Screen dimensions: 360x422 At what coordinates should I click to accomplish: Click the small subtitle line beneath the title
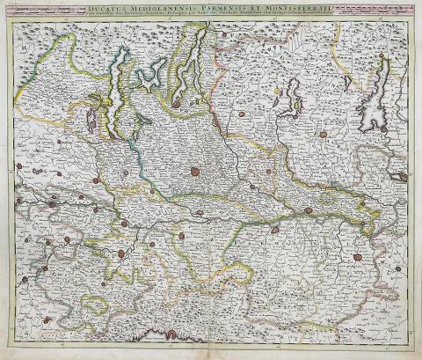click(x=211, y=17)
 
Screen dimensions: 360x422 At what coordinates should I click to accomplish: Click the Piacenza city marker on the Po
click(x=274, y=231)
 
